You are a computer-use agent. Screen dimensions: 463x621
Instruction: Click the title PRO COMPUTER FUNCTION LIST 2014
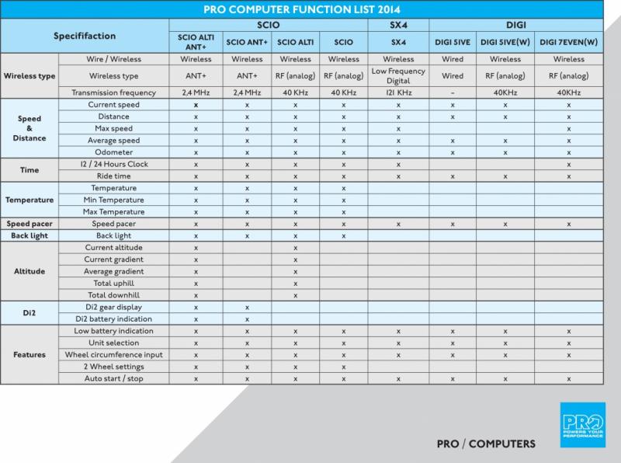[310, 10]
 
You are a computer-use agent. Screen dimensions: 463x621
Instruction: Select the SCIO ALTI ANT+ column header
[196, 40]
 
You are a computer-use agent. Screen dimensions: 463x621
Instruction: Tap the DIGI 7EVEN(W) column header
[569, 41]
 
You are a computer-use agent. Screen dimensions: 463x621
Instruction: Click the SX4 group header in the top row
[398, 25]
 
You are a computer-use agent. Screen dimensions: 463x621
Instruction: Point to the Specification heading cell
[85, 36]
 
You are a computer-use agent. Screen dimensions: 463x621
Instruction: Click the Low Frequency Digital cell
[398, 76]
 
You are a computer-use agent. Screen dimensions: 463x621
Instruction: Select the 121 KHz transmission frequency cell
[398, 92]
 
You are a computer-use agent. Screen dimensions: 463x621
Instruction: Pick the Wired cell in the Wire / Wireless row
[452, 59]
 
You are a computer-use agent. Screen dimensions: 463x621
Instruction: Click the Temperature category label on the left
[29, 200]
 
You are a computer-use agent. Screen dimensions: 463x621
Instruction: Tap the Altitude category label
[29, 272]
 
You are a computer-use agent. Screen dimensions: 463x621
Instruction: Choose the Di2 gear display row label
[113, 308]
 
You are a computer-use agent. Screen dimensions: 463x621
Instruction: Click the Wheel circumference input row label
[113, 354]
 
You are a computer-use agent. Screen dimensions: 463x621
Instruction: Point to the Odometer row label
[113, 151]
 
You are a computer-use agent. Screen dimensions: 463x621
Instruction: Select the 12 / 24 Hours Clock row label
[113, 164]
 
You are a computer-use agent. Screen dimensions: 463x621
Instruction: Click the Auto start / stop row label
[113, 378]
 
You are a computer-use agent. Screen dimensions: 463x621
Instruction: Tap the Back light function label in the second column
[113, 235]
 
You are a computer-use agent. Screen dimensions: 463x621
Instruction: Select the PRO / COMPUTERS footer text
[485, 444]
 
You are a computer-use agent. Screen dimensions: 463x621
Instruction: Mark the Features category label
[29, 354]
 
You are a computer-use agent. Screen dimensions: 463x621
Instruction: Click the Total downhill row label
[113, 295]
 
